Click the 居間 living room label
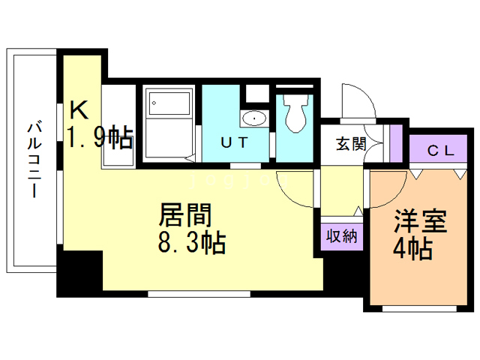pos(184,215)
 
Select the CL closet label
pos(441,150)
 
